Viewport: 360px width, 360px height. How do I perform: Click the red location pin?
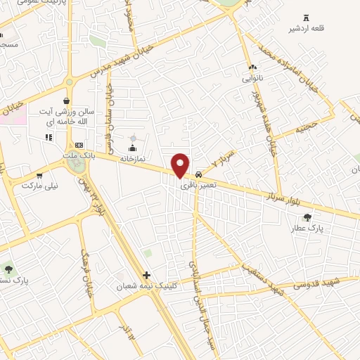181,165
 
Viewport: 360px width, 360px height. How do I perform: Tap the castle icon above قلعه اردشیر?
305,18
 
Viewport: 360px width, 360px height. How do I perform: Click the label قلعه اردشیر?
303,29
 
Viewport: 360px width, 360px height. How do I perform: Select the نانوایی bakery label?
252,79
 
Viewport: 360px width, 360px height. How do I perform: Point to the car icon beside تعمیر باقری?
199,174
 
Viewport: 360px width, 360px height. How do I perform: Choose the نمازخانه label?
131,159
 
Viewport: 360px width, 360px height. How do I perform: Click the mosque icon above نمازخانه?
131,148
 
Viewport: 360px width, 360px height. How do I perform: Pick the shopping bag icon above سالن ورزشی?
66,101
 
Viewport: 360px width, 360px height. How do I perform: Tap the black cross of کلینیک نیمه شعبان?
146,275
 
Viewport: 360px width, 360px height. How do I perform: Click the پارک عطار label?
307,229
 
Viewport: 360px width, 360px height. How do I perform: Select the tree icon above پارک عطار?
307,217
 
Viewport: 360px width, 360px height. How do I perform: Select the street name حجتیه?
306,129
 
